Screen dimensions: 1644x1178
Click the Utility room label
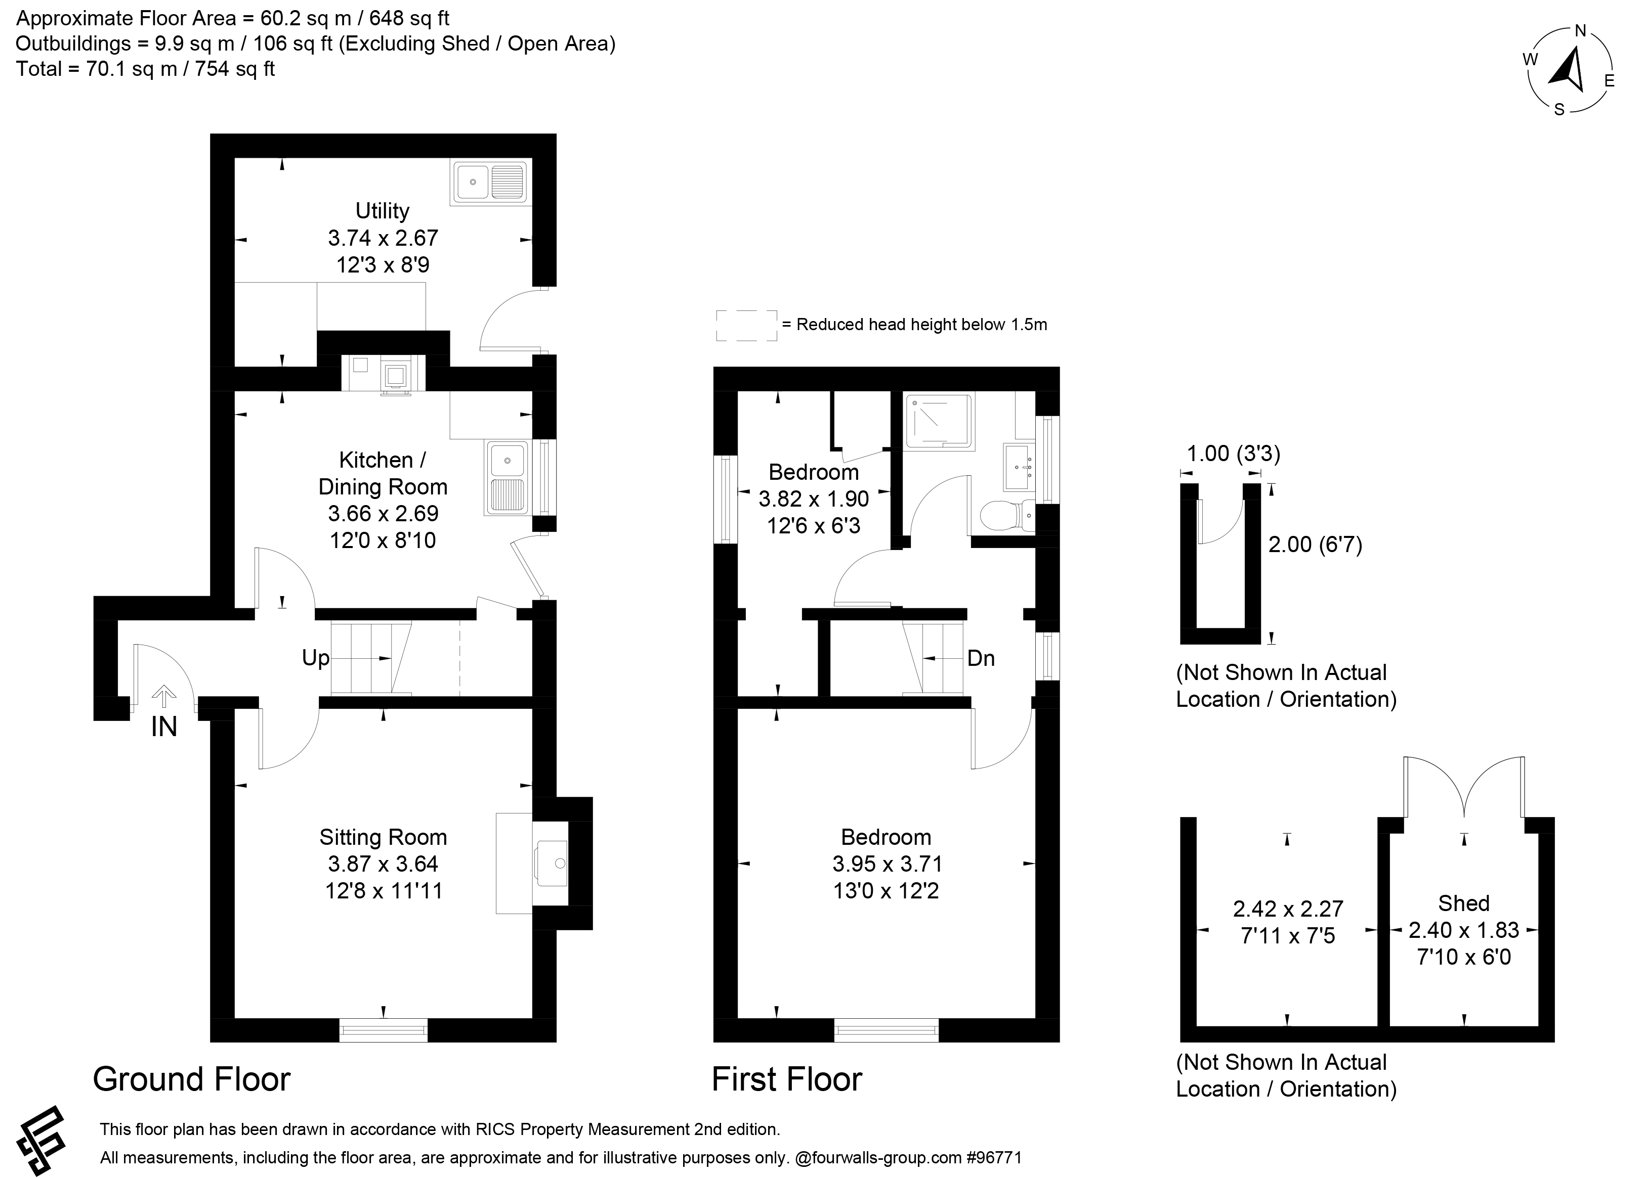click(x=382, y=211)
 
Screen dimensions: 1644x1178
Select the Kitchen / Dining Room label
click(x=383, y=473)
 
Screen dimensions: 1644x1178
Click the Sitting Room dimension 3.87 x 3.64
click(x=383, y=864)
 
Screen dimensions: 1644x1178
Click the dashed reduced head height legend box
click(x=747, y=325)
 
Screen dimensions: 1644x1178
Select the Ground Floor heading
click(x=191, y=1079)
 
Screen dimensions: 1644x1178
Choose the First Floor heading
click(x=786, y=1079)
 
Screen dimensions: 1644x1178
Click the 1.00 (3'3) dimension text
click(x=1233, y=454)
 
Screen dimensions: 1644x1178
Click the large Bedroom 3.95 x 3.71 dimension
click(x=887, y=864)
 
